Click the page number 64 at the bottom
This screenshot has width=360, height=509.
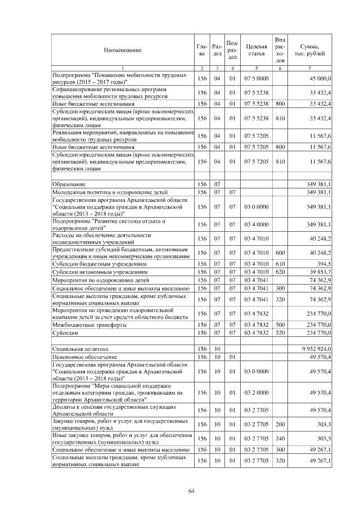click(191, 491)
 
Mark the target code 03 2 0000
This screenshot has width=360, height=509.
click(256, 391)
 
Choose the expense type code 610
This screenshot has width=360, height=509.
click(280, 263)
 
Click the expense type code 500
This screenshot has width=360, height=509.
click(280, 325)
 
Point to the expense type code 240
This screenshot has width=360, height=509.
click(280, 438)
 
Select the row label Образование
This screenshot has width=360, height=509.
click(68, 184)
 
